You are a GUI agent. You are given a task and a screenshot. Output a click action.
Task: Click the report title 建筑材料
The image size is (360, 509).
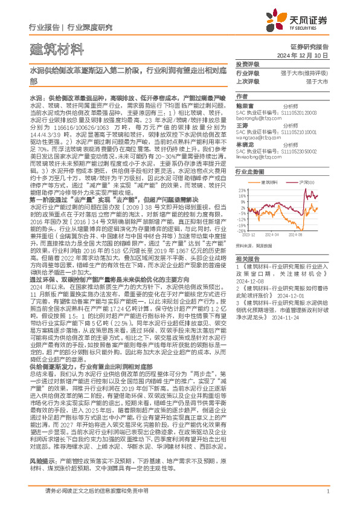point(50,48)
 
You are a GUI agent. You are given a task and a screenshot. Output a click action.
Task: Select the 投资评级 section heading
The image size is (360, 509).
point(247,64)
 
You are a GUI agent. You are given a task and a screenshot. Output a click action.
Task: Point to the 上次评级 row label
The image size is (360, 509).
point(247,80)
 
